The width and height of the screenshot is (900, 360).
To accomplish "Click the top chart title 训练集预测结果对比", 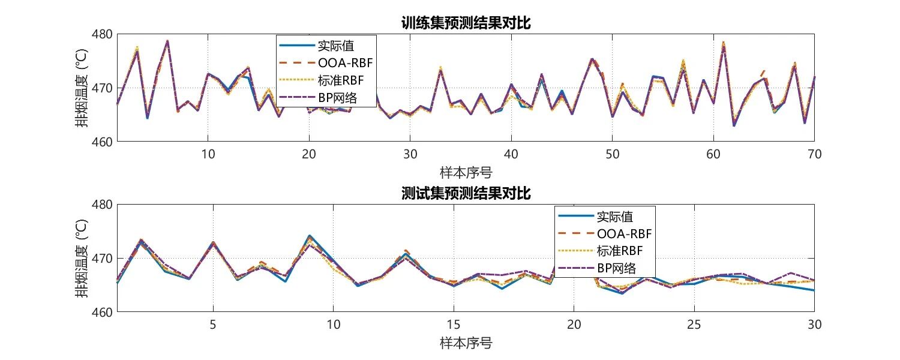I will pyautogui.click(x=466, y=23).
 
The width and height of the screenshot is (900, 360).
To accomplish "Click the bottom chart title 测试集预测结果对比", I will pyautogui.click(x=466, y=193).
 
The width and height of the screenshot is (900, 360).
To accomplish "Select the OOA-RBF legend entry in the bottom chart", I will pyautogui.click(x=624, y=233).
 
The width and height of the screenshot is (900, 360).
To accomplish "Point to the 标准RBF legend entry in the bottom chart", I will pyautogui.click(x=620, y=250).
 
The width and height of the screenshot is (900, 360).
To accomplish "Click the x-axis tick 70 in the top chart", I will pyautogui.click(x=814, y=153).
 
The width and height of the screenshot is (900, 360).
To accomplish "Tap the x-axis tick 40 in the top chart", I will pyautogui.click(x=511, y=153).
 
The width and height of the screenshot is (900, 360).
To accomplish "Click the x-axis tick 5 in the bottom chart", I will pyautogui.click(x=213, y=323).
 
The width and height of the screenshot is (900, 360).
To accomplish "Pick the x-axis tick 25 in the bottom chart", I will pyautogui.click(x=694, y=323).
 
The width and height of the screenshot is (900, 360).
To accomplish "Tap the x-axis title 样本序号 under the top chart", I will pyautogui.click(x=466, y=173).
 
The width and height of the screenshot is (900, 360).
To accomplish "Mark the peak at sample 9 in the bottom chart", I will pyautogui.click(x=309, y=236).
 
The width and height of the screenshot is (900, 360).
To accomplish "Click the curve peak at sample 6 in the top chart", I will pyautogui.click(x=167, y=41).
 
